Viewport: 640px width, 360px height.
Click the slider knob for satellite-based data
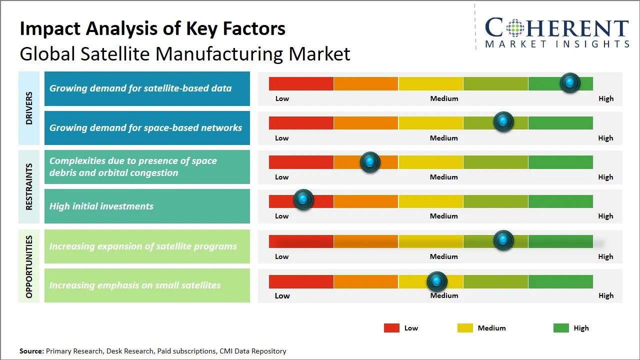pyautogui.click(x=570, y=83)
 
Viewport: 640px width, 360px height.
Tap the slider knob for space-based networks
pyautogui.click(x=503, y=122)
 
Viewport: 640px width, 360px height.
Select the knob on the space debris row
pyautogui.click(x=370, y=162)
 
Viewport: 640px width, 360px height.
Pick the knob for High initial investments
pyautogui.click(x=303, y=199)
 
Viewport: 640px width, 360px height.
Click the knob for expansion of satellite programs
pyautogui.click(x=503, y=240)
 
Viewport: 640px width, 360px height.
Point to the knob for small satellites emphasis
pyautogui.click(x=437, y=282)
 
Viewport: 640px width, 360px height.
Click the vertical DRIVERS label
pyautogui.click(x=29, y=108)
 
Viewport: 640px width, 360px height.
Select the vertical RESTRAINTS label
pyautogui.click(x=29, y=186)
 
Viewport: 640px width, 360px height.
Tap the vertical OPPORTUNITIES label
pyautogui.click(x=29, y=266)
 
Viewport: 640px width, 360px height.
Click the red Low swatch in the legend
pyautogui.click(x=391, y=328)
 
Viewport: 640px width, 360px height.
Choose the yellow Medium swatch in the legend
pyautogui.click(x=465, y=328)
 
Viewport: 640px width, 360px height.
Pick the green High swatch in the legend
pyautogui.click(x=561, y=328)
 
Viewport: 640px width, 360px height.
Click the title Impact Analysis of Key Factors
pyautogui.click(x=152, y=29)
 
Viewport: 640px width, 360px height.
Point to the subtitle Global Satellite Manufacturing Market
pyautogui.click(x=185, y=53)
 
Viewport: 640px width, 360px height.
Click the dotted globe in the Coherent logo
pyautogui.click(x=515, y=28)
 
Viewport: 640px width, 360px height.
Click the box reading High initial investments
pyautogui.click(x=147, y=206)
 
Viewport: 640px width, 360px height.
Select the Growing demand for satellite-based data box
pyautogui.click(x=147, y=88)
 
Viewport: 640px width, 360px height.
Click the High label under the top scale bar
pyautogui.click(x=606, y=98)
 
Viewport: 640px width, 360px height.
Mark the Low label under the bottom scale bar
pyautogui.click(x=282, y=295)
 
